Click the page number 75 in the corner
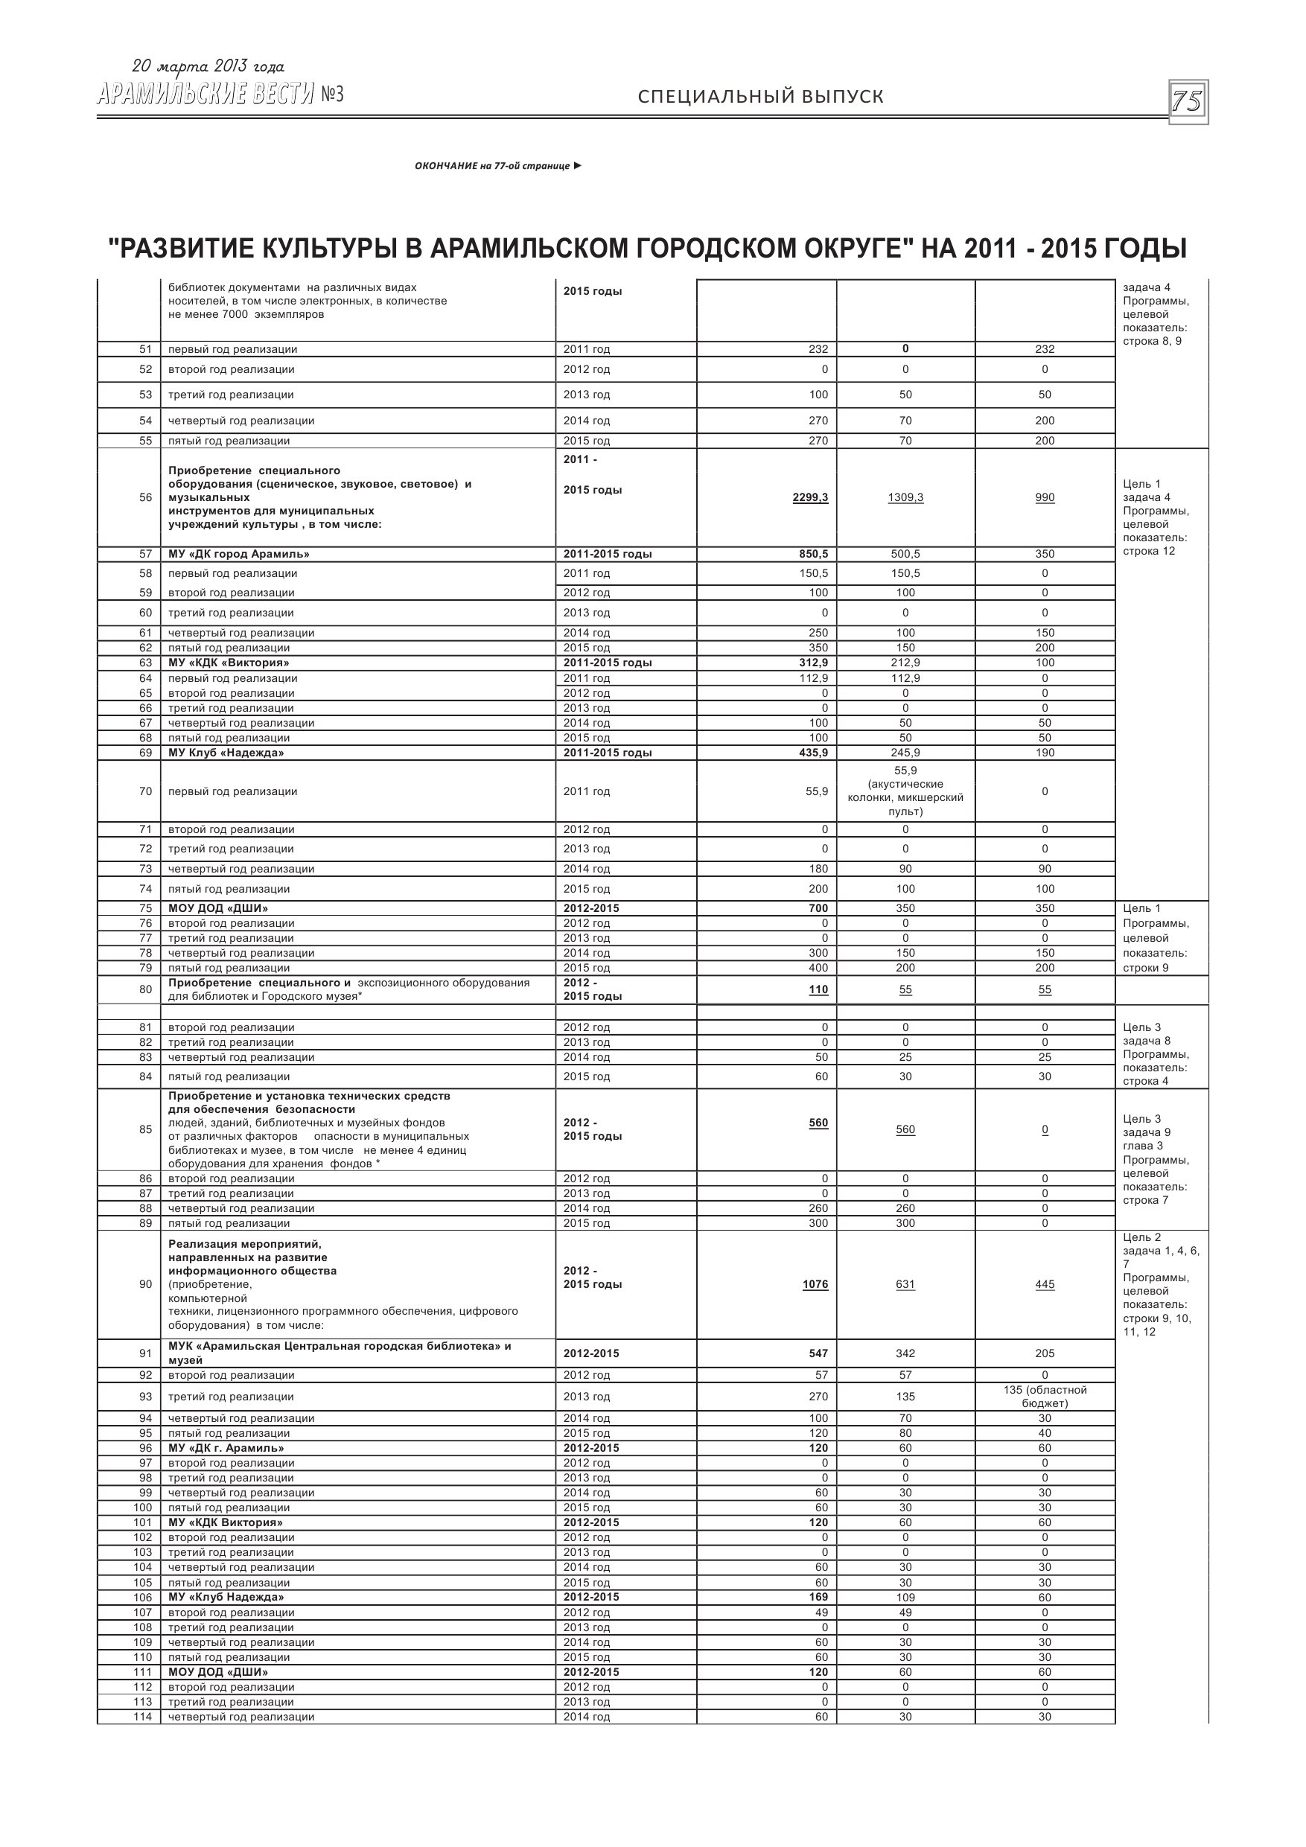point(1187,102)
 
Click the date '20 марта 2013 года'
point(208,67)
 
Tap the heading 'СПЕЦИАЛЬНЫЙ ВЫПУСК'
point(760,97)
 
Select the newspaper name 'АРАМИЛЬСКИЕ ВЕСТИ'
point(206,95)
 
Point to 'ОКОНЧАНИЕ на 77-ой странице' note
point(497,166)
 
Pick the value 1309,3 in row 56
point(905,497)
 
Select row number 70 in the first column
point(145,791)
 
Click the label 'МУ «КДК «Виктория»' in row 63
point(229,663)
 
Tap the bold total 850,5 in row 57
point(813,555)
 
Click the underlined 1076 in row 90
point(815,1284)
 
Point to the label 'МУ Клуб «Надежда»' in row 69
point(226,753)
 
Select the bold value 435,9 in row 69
point(813,753)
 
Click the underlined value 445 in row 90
point(1045,1284)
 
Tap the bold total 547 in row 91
point(818,1353)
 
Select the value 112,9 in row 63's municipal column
point(905,678)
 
